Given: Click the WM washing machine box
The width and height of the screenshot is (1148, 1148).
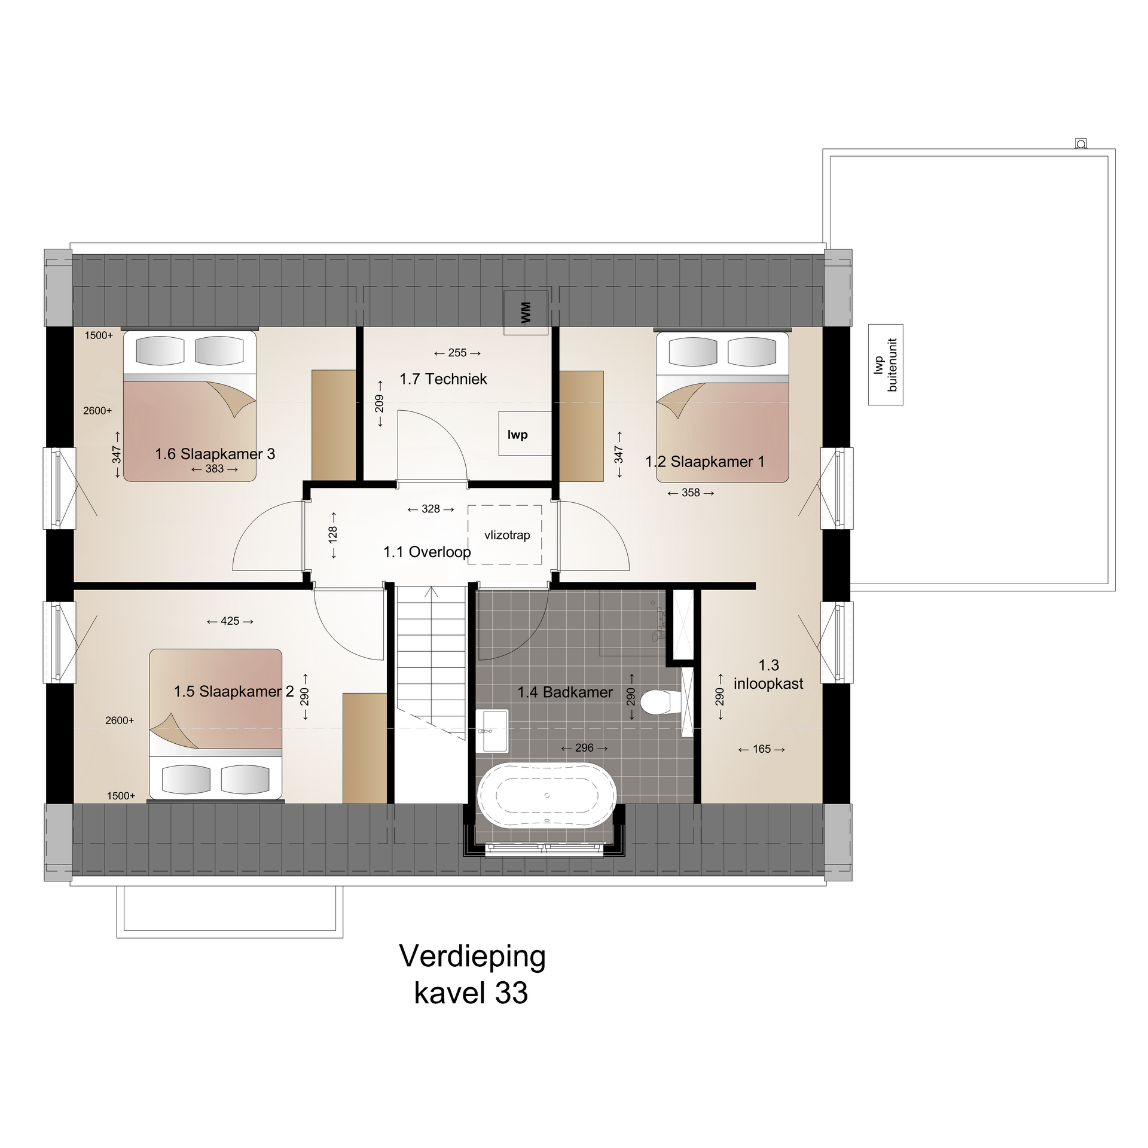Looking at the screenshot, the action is pos(526,313).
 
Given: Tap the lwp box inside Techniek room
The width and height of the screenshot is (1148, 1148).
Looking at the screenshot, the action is pos(525,433).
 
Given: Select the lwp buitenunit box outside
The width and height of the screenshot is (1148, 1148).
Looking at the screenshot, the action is pos(886,365).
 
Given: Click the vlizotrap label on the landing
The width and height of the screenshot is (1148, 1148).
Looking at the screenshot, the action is pos(507,535).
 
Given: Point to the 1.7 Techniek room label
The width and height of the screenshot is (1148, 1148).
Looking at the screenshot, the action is pos(443,379).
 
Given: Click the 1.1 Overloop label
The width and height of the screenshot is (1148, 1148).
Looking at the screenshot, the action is pos(427,552).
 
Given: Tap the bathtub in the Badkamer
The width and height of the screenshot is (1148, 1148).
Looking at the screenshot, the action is pos(546,795).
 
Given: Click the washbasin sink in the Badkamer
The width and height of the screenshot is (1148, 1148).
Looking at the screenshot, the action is pos(492,731).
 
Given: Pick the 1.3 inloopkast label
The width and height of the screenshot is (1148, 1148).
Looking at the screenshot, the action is pos(768,674).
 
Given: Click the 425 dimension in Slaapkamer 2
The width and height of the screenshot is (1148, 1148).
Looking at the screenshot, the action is pos(230,621).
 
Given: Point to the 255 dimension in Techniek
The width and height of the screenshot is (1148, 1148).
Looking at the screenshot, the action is pos(457,353).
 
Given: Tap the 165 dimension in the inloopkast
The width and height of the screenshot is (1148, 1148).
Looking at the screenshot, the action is pos(762,749).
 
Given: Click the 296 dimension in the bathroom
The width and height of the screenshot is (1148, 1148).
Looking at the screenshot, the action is pos(584,748).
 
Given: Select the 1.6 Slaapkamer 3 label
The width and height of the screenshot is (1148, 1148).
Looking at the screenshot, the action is pos(215,454).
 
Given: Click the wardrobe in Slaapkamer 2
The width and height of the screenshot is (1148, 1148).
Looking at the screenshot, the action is pos(365,748).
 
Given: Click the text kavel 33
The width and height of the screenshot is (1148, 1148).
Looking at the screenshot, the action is pos(471,993).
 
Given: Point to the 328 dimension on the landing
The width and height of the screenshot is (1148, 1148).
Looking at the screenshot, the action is pos(430,509).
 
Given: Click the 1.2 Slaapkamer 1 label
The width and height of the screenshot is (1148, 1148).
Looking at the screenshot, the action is pos(705,462).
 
